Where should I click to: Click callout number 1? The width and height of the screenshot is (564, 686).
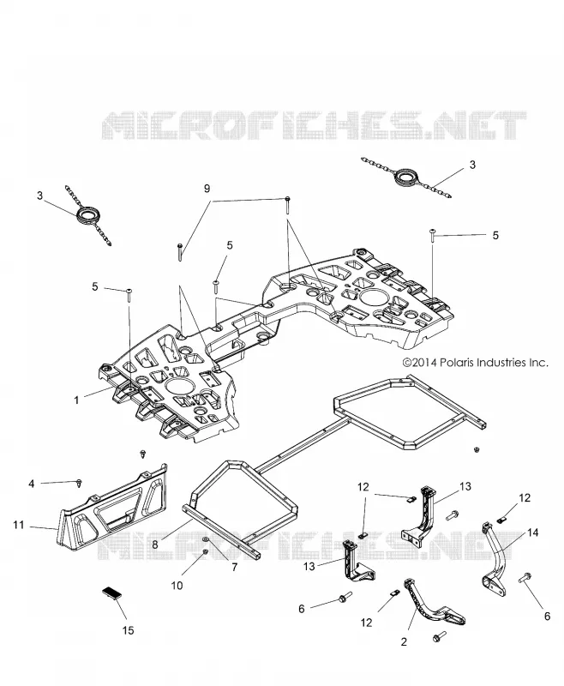76,400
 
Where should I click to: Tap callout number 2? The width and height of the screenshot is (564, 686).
404,641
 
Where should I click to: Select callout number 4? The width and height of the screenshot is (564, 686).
32,484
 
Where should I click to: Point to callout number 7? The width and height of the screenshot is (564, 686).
234,567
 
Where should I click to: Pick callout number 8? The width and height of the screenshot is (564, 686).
155,545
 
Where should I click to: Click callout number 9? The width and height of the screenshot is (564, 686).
207,188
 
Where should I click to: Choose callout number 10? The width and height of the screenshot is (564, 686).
177,586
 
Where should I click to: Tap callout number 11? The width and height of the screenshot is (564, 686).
18,524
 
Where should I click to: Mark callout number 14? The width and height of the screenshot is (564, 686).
532,533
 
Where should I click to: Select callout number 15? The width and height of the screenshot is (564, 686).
128,630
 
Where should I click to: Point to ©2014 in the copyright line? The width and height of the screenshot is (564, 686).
420,363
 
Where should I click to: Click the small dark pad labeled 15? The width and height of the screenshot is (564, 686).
111,593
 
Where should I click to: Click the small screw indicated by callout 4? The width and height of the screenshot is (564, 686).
79,483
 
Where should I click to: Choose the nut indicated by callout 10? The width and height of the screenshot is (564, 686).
204,552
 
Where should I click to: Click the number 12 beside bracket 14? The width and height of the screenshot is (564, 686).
525,498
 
